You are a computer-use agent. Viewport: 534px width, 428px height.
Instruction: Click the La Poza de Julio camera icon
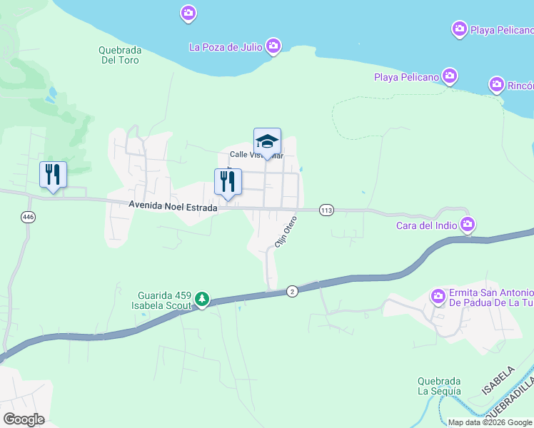point(273,47)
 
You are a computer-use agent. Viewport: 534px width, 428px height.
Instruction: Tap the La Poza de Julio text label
point(225,47)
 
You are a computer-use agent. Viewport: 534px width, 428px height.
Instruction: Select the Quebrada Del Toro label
point(120,55)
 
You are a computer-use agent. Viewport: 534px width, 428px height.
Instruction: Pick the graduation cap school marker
point(267,141)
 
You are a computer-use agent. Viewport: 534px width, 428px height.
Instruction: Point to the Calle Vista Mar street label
point(256,156)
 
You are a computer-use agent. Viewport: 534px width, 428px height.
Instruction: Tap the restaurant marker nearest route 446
point(53,175)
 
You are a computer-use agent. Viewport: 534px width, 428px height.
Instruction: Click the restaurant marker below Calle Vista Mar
point(228,182)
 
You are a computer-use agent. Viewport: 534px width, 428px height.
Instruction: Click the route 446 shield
point(28,217)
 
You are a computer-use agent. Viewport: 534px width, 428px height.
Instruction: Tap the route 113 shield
point(327,210)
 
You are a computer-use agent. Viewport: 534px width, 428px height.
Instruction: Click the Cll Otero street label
point(286,232)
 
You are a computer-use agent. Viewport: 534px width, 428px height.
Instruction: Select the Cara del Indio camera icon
point(468,226)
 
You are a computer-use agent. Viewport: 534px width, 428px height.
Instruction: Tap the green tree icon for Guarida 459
point(202,298)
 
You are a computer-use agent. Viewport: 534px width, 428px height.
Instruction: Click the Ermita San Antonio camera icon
point(438,295)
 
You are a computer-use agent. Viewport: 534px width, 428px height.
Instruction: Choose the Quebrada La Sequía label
point(439,386)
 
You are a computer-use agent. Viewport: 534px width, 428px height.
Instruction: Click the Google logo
point(24,419)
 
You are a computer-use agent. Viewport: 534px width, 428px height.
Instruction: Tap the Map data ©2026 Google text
point(490,422)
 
